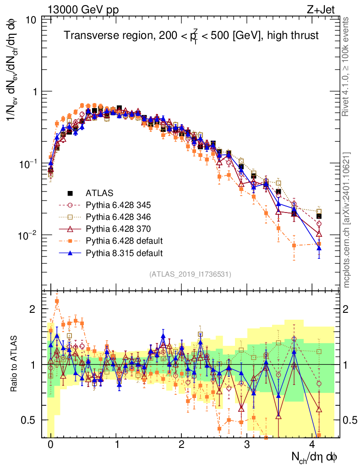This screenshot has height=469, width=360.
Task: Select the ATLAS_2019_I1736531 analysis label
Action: click(x=190, y=274)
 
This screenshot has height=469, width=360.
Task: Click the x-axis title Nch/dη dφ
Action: click(x=315, y=457)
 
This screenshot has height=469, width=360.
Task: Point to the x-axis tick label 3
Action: click(x=247, y=445)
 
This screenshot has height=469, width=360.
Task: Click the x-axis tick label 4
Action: click(x=312, y=445)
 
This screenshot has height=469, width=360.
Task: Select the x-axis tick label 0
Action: click(x=50, y=445)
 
